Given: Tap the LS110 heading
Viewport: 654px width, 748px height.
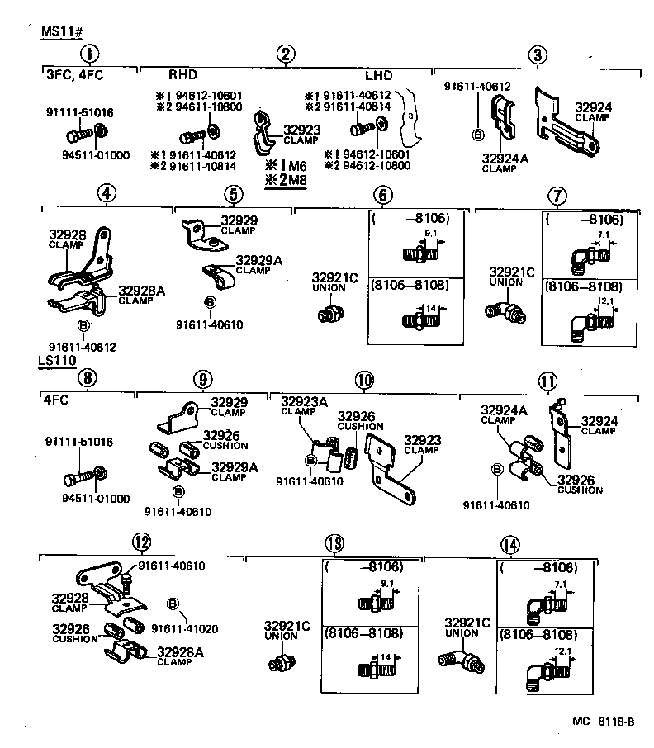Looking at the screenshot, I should pyautogui.click(x=56, y=361).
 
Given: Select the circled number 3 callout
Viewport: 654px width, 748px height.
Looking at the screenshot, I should pyautogui.click(x=538, y=55).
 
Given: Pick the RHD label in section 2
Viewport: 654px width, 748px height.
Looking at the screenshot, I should pyautogui.click(x=183, y=75).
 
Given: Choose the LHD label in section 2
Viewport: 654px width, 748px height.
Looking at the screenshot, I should pyautogui.click(x=379, y=75).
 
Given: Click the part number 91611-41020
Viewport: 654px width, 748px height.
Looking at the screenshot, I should pyautogui.click(x=184, y=628).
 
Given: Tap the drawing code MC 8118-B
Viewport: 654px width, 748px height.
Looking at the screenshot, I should pyautogui.click(x=603, y=721).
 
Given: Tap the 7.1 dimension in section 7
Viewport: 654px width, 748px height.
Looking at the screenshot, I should pyautogui.click(x=603, y=234).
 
